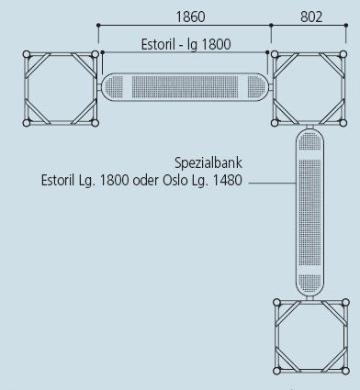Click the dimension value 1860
click(190, 17)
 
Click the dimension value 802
click(311, 17)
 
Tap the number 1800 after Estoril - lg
click(217, 44)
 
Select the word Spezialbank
click(208, 162)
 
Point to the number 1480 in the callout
click(227, 180)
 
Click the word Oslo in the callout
click(175, 180)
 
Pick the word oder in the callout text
click(146, 180)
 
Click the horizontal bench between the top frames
click(186, 87)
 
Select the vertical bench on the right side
click(309, 213)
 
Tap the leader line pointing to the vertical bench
click(272, 183)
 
